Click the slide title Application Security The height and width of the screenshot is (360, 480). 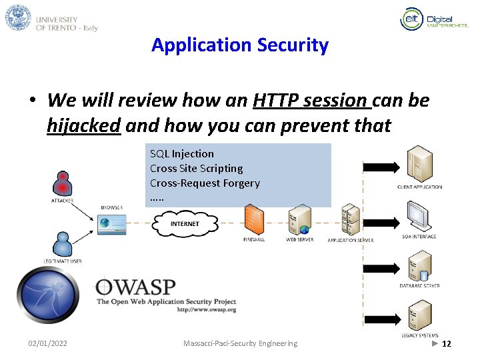pos(240,45)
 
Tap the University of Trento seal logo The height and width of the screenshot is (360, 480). pos(18,17)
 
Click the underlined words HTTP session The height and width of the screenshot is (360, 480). pos(312,101)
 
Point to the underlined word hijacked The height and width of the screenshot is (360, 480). pos(84,125)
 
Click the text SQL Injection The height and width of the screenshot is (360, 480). pos(182,154)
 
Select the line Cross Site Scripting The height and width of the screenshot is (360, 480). pos(196,169)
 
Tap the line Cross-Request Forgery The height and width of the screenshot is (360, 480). pos(205,183)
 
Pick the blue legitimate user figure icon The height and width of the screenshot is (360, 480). pos(62,244)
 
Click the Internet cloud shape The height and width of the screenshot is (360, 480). pos(184,224)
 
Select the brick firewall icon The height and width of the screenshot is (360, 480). pos(254,219)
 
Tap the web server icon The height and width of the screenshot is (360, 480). pos(299,219)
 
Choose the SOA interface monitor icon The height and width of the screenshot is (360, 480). pos(419,216)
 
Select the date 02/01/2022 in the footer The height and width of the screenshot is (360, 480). pos(47,343)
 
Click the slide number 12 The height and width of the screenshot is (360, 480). pos(447,343)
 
